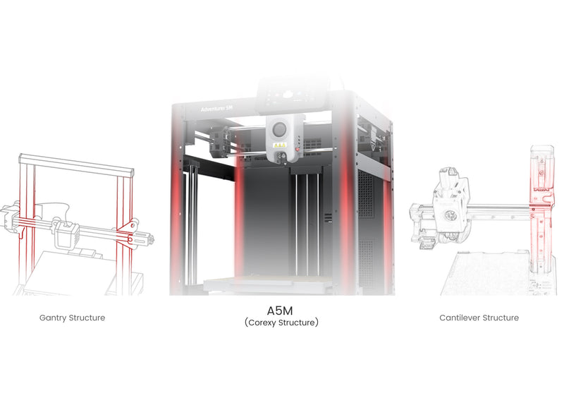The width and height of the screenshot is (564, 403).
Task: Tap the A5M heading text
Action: coord(280,310)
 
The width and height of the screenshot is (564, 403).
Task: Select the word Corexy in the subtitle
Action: coord(262,323)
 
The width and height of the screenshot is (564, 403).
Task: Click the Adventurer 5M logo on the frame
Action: coord(216,109)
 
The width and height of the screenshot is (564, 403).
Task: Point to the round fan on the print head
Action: coord(279,129)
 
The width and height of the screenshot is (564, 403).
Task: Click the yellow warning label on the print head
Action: coord(279,145)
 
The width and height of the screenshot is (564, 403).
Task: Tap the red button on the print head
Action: coord(297,150)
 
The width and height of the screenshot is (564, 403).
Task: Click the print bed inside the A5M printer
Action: coord(266,284)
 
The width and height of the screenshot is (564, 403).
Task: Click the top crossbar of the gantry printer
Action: coord(77,165)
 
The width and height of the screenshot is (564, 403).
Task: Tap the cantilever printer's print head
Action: coord(450,209)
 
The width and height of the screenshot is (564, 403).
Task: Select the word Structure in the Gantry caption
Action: coord(87,318)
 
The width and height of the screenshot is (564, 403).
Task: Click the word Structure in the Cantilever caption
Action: coord(501,318)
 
